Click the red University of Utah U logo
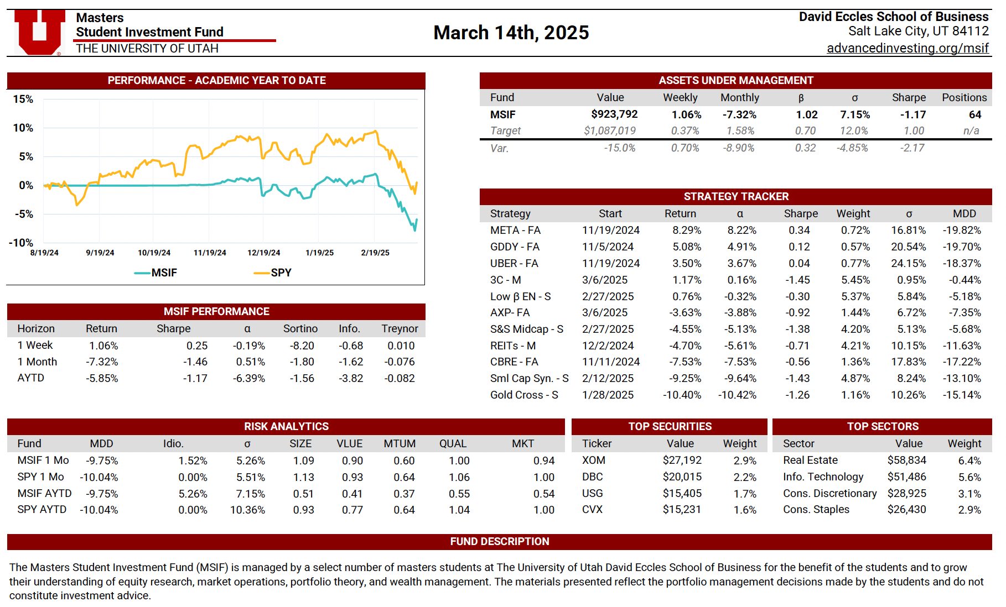(39, 32)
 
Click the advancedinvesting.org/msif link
(908, 48)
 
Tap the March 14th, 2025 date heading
(511, 33)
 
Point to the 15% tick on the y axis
(23, 99)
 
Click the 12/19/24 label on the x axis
(263, 253)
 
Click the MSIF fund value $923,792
(614, 114)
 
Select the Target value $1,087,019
(610, 131)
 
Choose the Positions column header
(964, 97)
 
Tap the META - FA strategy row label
(515, 230)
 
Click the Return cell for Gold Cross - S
(682, 395)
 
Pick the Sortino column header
(300, 328)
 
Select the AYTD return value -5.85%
(102, 378)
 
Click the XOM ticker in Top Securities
(593, 460)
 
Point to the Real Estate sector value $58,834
(906, 460)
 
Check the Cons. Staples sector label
(816, 509)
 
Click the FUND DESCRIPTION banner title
(499, 541)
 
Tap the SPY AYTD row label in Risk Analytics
(42, 509)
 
